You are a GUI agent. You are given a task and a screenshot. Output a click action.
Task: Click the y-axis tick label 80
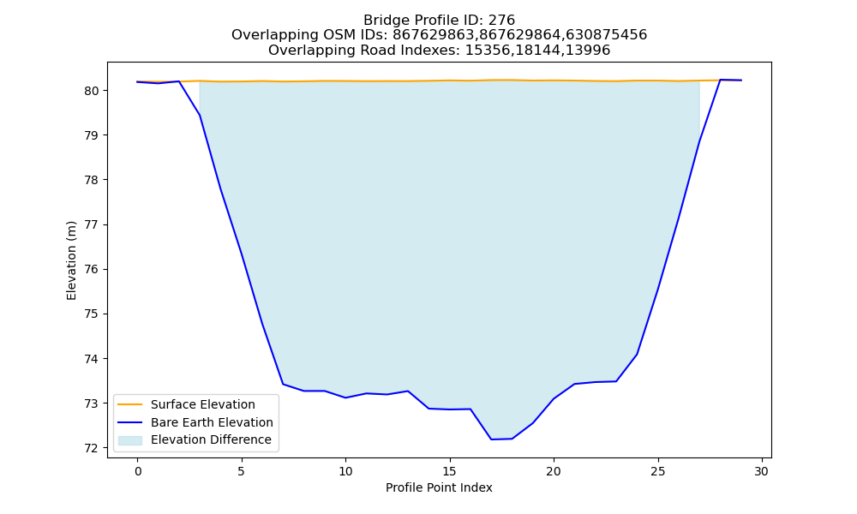tap(92, 91)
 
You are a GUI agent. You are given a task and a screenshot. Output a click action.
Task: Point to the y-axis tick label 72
tap(92, 448)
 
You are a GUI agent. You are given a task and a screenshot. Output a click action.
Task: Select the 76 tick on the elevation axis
tap(92, 270)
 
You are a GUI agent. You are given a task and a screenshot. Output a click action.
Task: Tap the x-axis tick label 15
tap(450, 471)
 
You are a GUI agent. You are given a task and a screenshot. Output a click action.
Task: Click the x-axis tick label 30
tap(762, 471)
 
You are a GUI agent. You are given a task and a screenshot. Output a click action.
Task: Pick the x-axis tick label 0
tap(138, 471)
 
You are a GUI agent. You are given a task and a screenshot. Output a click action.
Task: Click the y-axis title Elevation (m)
tap(71, 260)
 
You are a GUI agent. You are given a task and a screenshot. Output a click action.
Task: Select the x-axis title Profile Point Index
tap(439, 487)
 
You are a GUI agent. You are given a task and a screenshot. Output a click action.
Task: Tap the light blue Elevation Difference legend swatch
tap(130, 440)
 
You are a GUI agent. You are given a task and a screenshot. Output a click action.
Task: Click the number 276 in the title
tap(501, 21)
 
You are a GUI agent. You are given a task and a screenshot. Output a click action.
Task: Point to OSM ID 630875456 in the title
tap(606, 35)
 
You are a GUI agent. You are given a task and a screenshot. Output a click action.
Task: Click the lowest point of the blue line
tap(491, 439)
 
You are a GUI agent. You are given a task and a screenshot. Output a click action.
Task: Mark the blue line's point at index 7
tap(283, 384)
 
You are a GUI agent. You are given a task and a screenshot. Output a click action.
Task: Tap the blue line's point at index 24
tap(637, 355)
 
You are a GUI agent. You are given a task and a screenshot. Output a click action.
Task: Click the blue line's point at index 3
tap(200, 116)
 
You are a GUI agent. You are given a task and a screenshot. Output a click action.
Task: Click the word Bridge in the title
tap(382, 21)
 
